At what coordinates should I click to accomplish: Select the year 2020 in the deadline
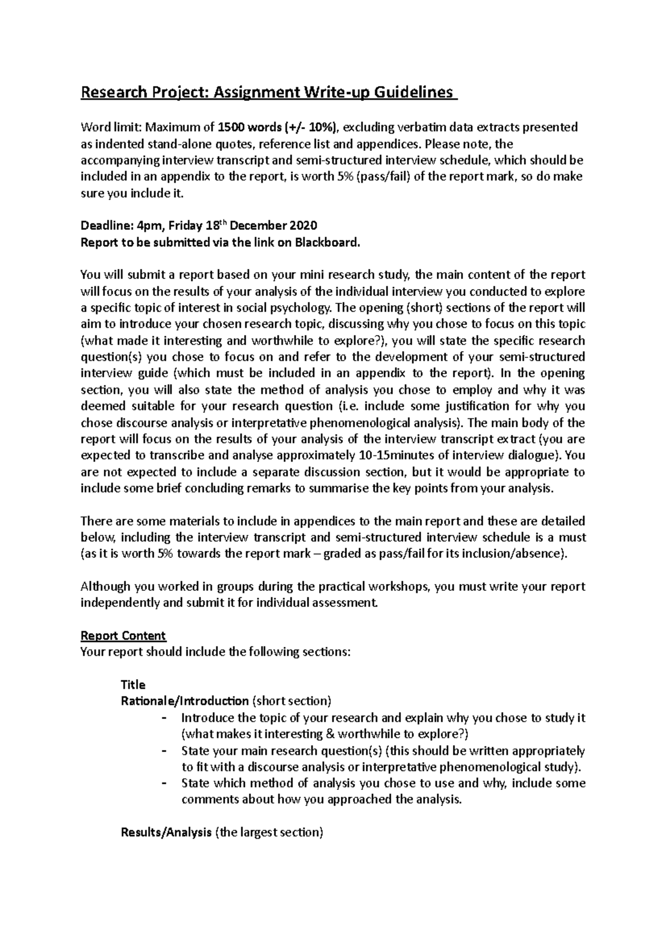(302, 226)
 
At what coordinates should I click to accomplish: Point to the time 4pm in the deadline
(149, 226)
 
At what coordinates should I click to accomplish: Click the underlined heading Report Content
(123, 636)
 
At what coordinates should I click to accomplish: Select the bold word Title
(133, 685)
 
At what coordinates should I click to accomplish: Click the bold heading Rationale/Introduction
(184, 701)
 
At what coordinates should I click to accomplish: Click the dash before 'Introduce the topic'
(163, 718)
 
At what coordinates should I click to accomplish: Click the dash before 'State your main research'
(163, 751)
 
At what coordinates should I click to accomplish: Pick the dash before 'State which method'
(163, 784)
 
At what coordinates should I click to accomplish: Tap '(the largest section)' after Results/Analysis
(269, 832)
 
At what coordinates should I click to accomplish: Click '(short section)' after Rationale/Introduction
(291, 701)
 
